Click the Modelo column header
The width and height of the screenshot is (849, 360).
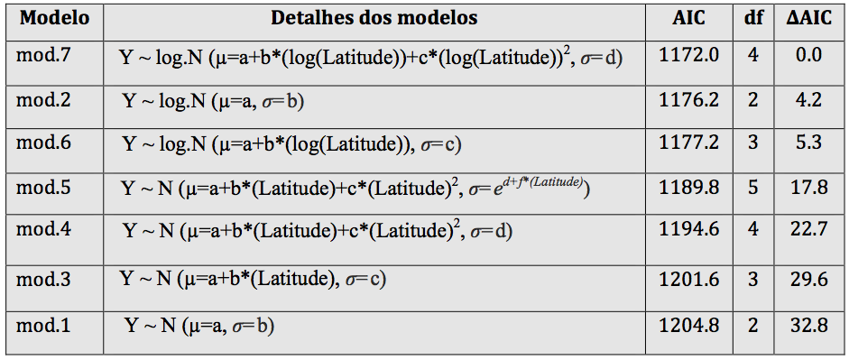(54, 18)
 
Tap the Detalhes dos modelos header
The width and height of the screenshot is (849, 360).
(374, 18)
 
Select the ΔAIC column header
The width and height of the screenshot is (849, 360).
(809, 18)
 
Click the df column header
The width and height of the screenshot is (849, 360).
(753, 18)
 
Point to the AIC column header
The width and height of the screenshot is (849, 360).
(688, 18)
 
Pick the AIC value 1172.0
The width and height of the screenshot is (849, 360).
(688, 55)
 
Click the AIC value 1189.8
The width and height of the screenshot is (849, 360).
(688, 188)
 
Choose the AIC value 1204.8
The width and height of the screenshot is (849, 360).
(688, 326)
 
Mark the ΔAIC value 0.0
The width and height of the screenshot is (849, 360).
(809, 55)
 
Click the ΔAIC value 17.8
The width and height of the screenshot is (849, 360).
(809, 188)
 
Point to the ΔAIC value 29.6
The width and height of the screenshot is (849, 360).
(809, 280)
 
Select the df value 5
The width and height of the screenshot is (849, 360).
(753, 188)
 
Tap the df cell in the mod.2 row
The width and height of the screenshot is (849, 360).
(753, 100)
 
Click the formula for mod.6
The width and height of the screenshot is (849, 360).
(292, 145)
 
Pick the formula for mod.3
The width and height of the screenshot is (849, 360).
(254, 280)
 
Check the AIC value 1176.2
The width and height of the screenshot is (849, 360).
(688, 100)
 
